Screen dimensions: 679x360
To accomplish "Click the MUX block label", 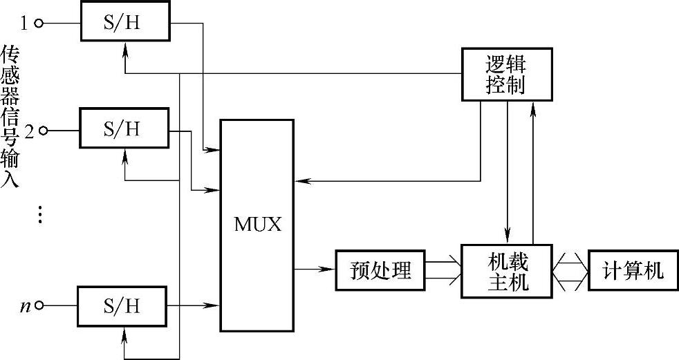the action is click(x=258, y=225).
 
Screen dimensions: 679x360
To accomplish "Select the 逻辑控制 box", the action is click(x=507, y=75).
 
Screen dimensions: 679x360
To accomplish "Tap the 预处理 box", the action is click(x=380, y=270).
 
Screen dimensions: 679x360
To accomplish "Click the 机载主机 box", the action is click(x=507, y=272).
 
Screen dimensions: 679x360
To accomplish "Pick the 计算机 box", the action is click(x=633, y=270).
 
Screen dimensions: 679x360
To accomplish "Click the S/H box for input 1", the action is click(x=125, y=21).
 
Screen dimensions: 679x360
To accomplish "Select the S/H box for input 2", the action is click(x=124, y=128).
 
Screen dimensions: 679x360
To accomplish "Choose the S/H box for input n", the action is click(x=122, y=306).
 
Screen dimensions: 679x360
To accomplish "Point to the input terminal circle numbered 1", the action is click(x=39, y=23).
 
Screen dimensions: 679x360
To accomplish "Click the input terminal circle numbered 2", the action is click(x=44, y=130).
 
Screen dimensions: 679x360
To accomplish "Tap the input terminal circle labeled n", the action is click(x=39, y=306).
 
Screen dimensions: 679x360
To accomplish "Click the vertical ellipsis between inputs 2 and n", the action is click(x=40, y=215).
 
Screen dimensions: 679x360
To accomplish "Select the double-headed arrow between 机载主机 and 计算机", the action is click(x=570, y=272).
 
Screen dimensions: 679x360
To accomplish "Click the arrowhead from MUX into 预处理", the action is click(x=328, y=269).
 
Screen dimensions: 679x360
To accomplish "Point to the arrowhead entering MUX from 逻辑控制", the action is click(x=302, y=181).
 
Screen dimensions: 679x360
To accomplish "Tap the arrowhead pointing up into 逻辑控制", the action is click(x=533, y=110).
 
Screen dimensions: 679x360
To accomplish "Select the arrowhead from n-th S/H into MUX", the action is click(x=213, y=306).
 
